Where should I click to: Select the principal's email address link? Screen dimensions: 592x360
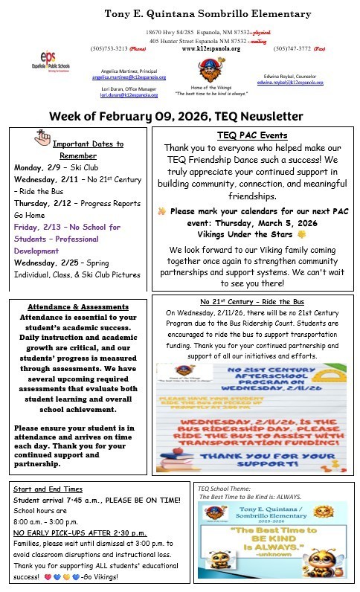129,77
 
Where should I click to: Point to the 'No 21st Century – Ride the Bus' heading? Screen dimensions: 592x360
251,302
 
